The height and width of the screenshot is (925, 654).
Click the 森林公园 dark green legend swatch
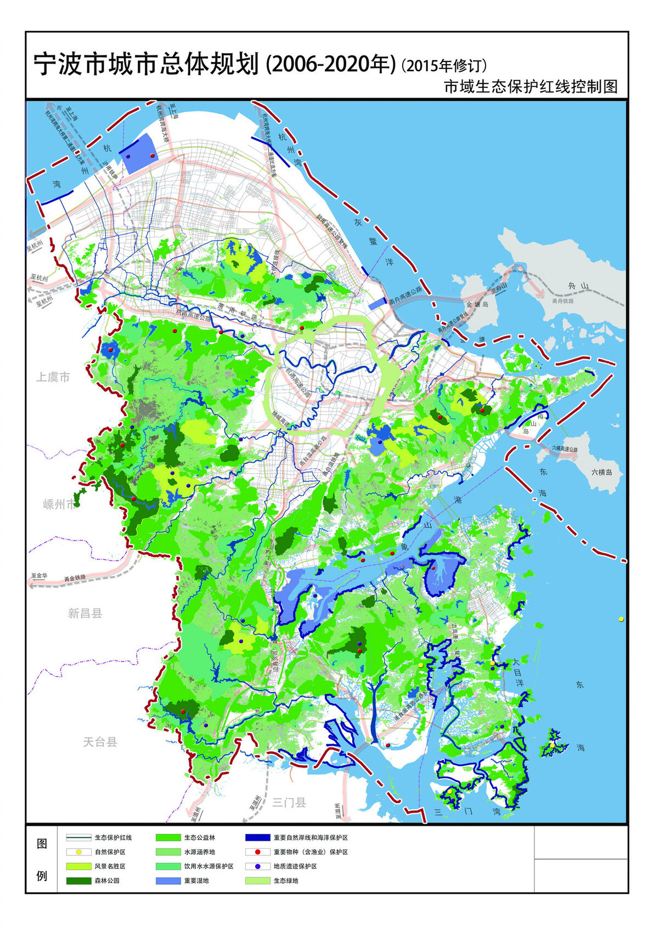(x=78, y=881)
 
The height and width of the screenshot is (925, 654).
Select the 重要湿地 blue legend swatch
(x=168, y=881)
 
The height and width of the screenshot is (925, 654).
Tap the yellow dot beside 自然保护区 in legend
(x=78, y=852)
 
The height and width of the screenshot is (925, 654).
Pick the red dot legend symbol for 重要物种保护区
(x=257, y=852)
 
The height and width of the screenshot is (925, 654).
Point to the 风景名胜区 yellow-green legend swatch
(x=78, y=866)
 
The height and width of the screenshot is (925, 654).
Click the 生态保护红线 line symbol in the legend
(x=78, y=838)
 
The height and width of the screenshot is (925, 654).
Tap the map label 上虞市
(x=53, y=377)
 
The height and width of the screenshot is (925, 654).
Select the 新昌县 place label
(x=85, y=613)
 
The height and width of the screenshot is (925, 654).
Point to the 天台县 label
(x=100, y=742)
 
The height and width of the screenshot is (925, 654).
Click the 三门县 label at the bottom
(x=289, y=803)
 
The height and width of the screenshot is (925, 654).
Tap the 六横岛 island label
(x=601, y=472)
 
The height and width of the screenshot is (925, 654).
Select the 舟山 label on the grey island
(x=578, y=286)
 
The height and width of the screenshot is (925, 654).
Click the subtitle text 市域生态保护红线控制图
(x=531, y=87)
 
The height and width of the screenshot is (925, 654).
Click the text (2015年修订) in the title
(x=444, y=66)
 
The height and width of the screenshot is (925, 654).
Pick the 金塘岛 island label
(x=477, y=304)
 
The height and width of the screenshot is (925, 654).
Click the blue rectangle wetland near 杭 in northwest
(x=139, y=154)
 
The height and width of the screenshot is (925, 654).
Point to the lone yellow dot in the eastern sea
(x=621, y=619)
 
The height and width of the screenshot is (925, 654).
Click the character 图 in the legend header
(x=42, y=843)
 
